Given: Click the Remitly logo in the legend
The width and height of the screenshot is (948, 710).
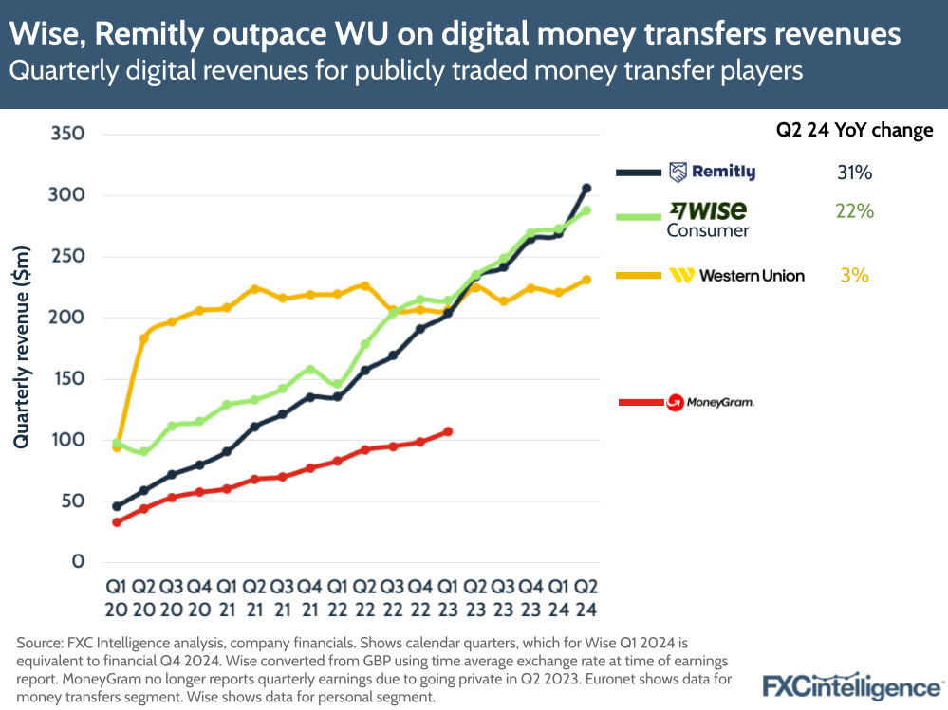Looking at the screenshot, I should point(712,172).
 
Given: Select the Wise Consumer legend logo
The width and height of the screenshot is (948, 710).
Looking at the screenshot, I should point(708,218).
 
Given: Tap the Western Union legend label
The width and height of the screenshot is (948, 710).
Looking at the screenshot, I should point(736,276).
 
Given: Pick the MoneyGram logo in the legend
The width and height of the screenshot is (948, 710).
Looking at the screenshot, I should point(710,403).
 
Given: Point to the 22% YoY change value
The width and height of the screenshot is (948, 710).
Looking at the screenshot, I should point(854,211).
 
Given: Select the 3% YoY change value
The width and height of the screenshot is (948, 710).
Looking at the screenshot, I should point(854,276).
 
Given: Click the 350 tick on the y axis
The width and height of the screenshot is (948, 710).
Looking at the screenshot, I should point(67,135).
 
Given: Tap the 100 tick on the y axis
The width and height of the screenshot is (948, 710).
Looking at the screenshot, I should point(67,440).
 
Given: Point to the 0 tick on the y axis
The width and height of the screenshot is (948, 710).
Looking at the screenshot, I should point(79,562).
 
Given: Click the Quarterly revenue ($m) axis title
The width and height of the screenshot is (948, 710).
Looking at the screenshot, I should point(22,348).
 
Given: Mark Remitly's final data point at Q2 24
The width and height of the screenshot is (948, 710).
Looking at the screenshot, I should point(586,189).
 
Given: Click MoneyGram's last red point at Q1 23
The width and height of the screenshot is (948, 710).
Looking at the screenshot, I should point(448,431).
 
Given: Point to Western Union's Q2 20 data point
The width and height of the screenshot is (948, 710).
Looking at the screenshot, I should point(144,337).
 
